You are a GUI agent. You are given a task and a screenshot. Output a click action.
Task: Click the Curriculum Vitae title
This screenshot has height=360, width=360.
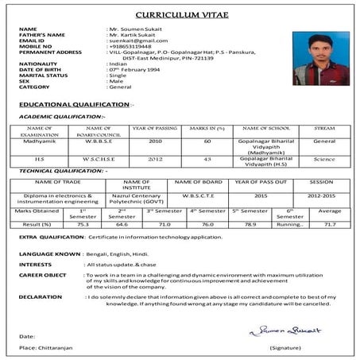point(180,15)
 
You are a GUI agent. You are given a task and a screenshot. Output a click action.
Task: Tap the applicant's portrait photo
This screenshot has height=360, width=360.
point(320,58)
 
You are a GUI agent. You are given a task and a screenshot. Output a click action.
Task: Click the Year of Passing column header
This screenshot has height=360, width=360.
point(154,128)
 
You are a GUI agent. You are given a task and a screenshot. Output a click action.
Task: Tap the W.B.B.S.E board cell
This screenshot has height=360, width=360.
point(98,141)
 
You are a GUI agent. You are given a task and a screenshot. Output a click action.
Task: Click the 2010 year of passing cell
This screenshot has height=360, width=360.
point(154,141)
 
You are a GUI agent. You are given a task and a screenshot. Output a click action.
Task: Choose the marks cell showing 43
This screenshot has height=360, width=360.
point(207,159)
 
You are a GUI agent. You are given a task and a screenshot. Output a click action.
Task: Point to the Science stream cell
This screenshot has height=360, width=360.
point(324,159)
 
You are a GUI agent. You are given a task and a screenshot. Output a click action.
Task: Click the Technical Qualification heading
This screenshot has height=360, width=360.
point(61,171)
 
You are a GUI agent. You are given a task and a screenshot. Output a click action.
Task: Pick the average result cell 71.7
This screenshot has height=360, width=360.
point(330,225)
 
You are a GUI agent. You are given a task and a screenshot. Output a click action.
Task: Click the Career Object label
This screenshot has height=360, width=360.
point(43,274)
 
